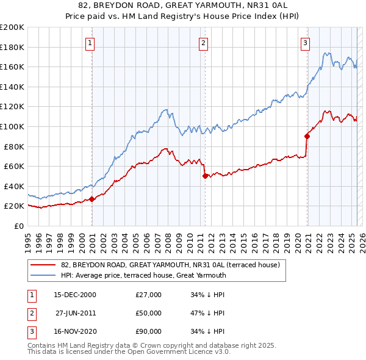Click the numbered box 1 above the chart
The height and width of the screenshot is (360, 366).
tap(90, 43)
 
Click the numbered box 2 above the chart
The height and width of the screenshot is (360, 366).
tap(203, 43)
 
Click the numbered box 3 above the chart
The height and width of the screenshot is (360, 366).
tap(304, 43)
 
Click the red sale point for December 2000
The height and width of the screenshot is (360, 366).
tap(92, 199)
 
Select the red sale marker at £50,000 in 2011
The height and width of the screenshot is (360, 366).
tap(205, 176)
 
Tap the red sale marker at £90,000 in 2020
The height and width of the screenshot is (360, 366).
tap(307, 136)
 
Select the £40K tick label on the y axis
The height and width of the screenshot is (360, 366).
tap(14, 186)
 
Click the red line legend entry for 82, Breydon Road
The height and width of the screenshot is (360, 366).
tap(170, 265)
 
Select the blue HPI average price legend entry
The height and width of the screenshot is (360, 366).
tap(143, 275)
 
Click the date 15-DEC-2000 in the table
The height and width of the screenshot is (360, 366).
tap(75, 295)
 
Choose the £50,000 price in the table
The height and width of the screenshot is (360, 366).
tap(149, 313)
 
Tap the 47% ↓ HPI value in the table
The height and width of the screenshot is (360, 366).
tap(207, 313)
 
